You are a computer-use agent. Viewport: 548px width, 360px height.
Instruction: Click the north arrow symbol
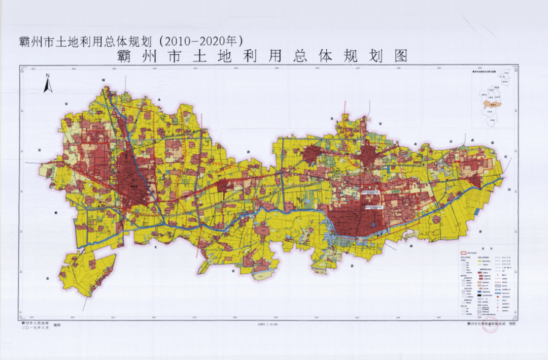pos(48,86)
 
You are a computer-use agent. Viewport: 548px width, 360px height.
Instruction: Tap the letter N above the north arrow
pos(47,76)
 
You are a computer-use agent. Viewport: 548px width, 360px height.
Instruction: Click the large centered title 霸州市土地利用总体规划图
pos(262,56)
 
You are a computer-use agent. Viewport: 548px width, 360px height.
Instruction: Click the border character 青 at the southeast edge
pos(479,230)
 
